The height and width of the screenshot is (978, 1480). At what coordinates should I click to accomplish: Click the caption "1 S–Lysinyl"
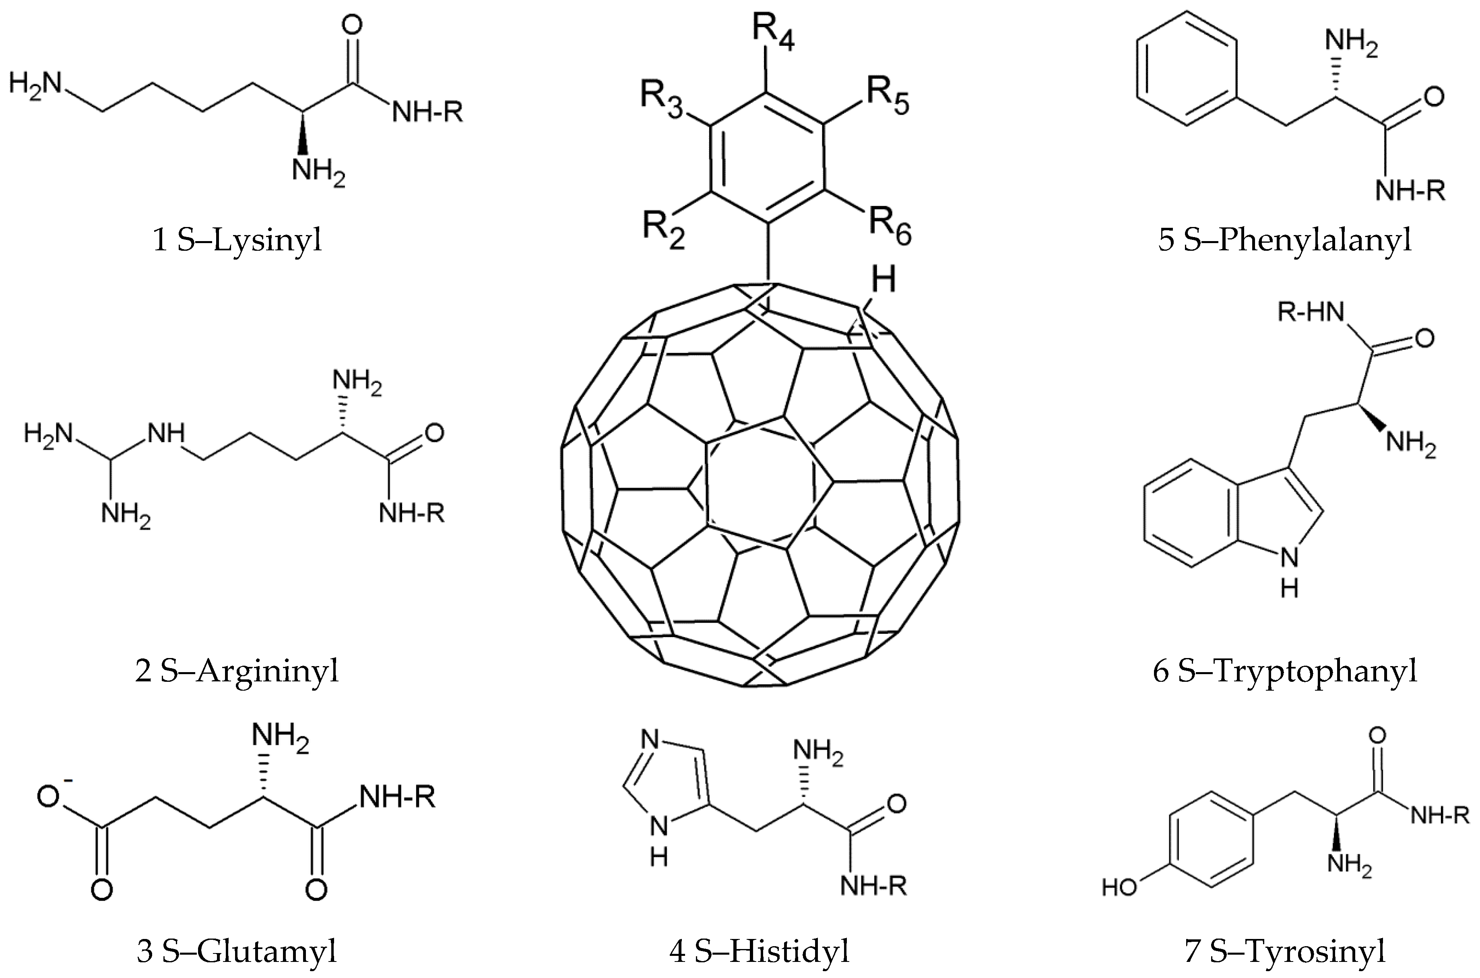pyautogui.click(x=237, y=241)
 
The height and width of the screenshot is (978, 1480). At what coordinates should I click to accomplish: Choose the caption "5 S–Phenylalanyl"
pyautogui.click(x=1285, y=241)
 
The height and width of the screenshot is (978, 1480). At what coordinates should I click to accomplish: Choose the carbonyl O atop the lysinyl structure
pyautogui.click(x=352, y=25)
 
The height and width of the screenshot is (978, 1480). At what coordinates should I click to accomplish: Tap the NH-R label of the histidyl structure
pyautogui.click(x=873, y=886)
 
